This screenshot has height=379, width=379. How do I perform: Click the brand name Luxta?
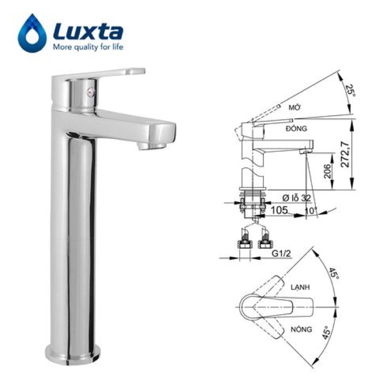88,31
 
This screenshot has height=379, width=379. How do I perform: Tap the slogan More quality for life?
88,46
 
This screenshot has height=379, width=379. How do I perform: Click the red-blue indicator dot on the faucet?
91,92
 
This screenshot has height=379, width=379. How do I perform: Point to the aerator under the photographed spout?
152,146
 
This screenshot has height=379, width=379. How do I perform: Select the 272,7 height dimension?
345,155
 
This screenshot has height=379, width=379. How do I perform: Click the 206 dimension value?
327,171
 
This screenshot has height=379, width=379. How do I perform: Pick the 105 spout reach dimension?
279,210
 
